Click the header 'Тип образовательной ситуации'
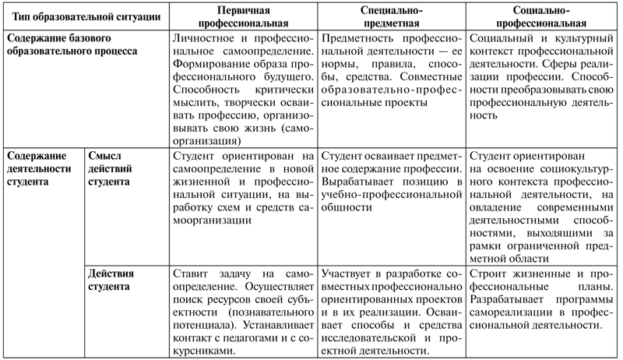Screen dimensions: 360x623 click(x=82, y=16)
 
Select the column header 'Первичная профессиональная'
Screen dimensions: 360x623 click(x=242, y=16)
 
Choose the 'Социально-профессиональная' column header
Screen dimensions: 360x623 click(x=543, y=16)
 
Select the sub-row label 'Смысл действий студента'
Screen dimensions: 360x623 click(x=111, y=168)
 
